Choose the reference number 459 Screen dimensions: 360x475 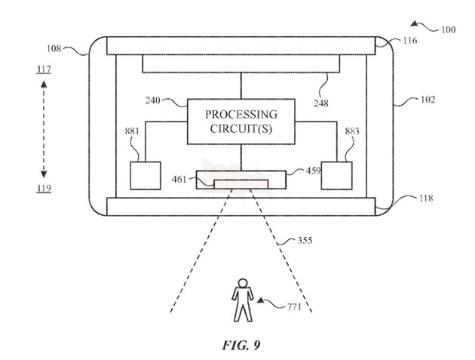coord(314,171)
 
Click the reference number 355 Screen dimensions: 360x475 coord(303,242)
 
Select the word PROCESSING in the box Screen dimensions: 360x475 coord(241,114)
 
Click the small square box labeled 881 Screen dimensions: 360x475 coord(145,175)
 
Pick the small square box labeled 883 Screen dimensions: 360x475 coord(339,175)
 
